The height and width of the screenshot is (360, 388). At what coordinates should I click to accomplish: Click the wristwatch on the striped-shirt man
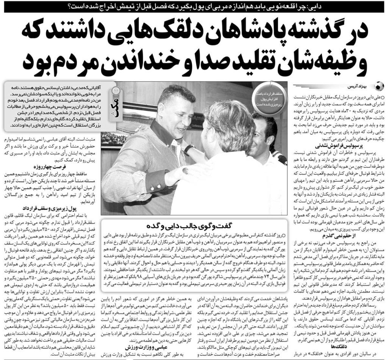189,149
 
